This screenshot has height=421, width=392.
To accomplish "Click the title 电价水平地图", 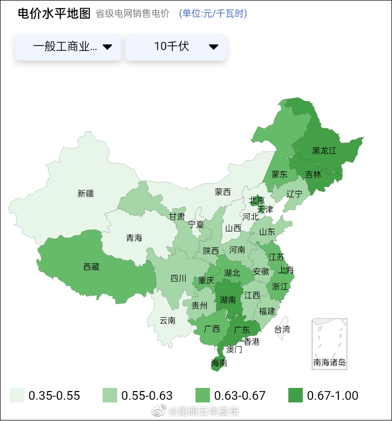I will [x=54, y=14].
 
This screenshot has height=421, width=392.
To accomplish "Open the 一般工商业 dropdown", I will [x=68, y=47].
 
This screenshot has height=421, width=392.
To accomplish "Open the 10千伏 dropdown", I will [x=176, y=47].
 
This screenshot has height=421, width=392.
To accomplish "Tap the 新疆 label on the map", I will [x=86, y=194].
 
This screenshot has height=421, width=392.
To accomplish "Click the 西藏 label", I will [x=91, y=267].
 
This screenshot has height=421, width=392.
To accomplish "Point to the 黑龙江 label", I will [x=324, y=151].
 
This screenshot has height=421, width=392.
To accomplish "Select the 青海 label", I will [x=134, y=238].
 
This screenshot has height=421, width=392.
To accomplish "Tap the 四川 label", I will [x=178, y=278].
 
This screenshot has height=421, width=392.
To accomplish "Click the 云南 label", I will [x=167, y=320].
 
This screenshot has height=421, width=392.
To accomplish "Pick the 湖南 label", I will [x=228, y=300].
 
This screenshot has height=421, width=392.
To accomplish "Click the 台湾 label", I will [x=282, y=329].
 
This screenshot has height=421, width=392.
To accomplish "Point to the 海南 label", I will [x=219, y=363].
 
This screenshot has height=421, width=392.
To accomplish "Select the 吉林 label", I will [x=313, y=175].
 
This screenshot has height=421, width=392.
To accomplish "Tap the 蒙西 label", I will [x=223, y=192].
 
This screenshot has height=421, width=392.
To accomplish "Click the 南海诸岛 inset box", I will [x=330, y=344].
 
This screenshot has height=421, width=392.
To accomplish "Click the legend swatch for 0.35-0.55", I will [x=17, y=396].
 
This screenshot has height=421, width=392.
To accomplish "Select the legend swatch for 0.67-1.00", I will [x=296, y=396].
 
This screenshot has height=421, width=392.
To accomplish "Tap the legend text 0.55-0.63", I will [x=147, y=396].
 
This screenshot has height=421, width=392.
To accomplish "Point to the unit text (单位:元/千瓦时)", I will [x=213, y=14].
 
